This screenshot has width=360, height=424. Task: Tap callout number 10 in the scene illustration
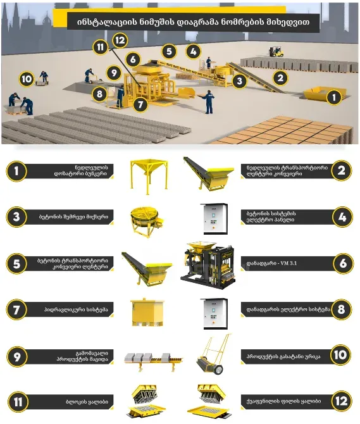(27, 79)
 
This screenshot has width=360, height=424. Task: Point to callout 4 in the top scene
(194, 51)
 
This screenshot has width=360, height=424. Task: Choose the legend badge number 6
(341, 262)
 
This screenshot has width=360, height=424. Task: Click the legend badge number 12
(341, 401)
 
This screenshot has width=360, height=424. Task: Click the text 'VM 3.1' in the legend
(282, 263)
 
